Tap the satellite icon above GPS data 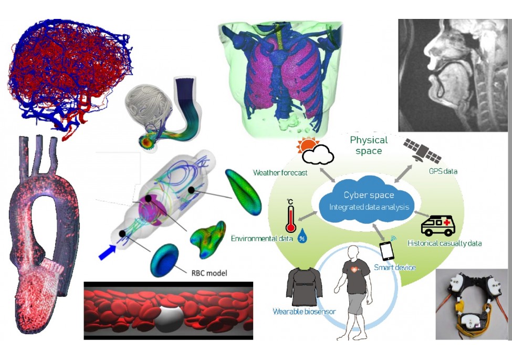click(x=422, y=150)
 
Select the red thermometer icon click(x=290, y=216)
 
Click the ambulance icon click(x=438, y=225)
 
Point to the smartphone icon click(x=388, y=250)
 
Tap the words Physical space click(x=369, y=145)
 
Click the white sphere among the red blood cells click(x=167, y=317)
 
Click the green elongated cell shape click(x=243, y=188)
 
